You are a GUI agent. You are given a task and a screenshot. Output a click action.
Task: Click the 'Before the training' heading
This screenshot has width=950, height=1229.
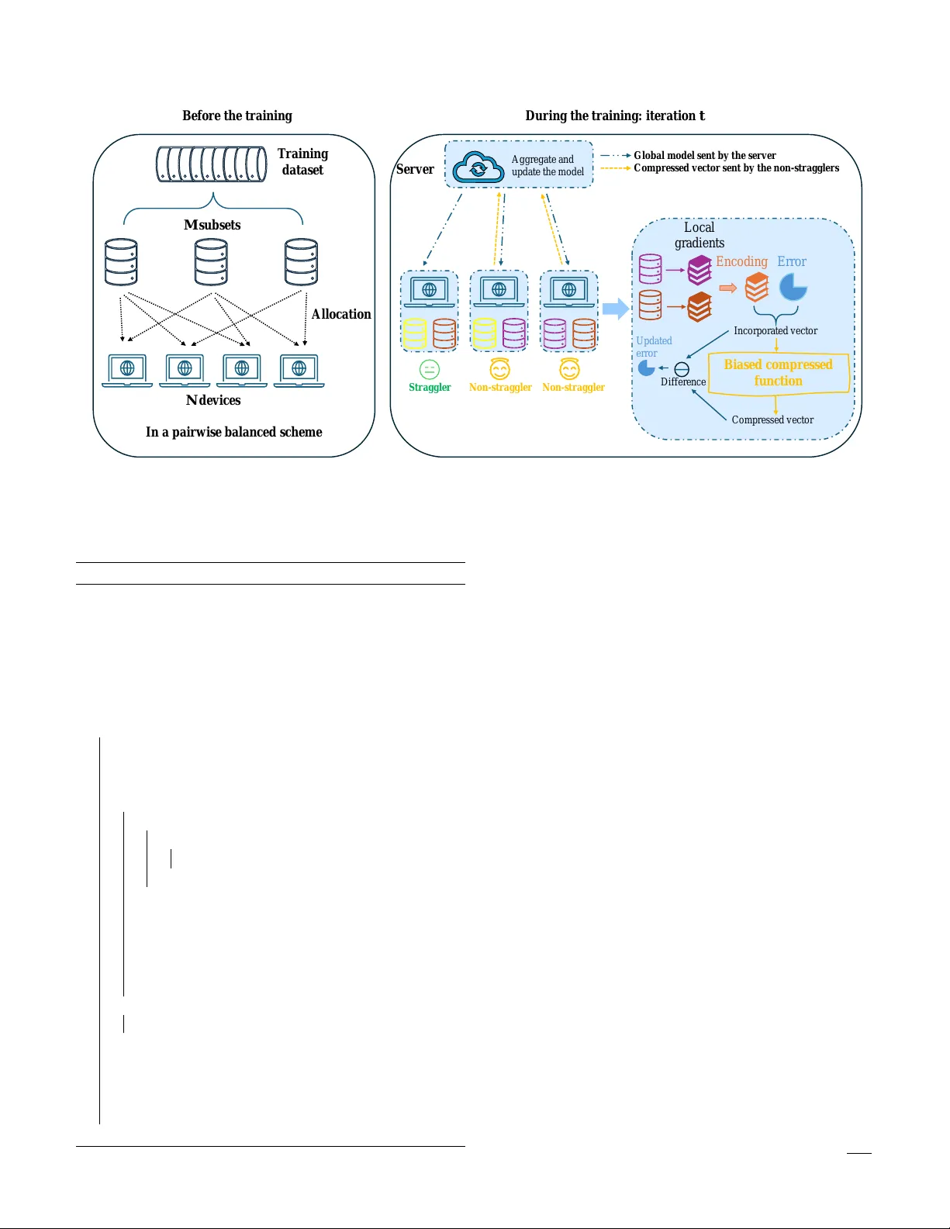237,116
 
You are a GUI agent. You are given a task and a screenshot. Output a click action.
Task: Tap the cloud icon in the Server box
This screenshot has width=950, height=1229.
478,167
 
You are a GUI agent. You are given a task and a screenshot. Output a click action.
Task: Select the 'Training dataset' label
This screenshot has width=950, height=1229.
302,161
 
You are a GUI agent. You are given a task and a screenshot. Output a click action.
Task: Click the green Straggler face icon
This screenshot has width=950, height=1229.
429,370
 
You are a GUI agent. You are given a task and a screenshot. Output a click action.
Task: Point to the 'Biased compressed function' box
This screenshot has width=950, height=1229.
778,373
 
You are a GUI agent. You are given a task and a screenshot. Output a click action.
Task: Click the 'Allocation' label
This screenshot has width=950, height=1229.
341,314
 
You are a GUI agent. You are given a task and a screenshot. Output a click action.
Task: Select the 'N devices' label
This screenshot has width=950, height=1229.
213,400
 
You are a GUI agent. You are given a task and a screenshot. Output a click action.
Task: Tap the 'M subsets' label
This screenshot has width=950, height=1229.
212,225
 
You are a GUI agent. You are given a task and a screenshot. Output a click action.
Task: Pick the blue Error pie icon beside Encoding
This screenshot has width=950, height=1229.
793,287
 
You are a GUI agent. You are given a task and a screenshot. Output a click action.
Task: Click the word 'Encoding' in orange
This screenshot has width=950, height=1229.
741,261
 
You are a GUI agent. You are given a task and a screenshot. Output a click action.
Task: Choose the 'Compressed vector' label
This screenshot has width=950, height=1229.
772,419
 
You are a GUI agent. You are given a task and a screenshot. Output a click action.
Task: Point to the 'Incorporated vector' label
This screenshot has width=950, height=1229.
776,330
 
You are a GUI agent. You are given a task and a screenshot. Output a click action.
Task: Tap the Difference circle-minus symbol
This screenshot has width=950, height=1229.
682,369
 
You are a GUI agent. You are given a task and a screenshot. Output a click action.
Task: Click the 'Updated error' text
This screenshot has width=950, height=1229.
653,347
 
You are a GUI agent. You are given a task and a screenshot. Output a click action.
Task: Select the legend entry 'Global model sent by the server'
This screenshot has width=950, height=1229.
704,155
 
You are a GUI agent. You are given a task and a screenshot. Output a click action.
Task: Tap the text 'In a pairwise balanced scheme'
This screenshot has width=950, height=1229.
233,432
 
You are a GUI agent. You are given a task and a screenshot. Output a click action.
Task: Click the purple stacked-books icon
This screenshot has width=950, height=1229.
700,270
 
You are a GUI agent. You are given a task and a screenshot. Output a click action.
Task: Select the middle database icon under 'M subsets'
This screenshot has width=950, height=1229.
212,262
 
